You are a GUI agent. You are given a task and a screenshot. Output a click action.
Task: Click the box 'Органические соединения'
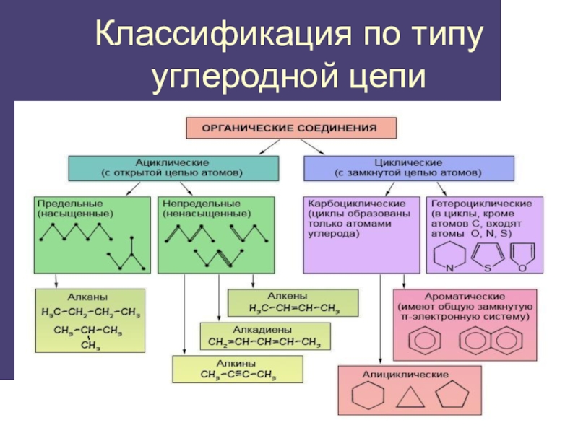coord(291,128)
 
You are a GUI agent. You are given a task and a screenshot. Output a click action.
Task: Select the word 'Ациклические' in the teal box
coord(173,162)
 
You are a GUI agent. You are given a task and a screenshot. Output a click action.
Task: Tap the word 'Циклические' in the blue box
coord(409,162)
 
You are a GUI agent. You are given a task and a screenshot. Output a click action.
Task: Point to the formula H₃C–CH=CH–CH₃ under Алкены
coord(293,308)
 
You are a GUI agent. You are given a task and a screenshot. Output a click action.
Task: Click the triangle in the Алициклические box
coord(410,399)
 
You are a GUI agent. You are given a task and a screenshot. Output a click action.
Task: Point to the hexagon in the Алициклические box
coord(365,398)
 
